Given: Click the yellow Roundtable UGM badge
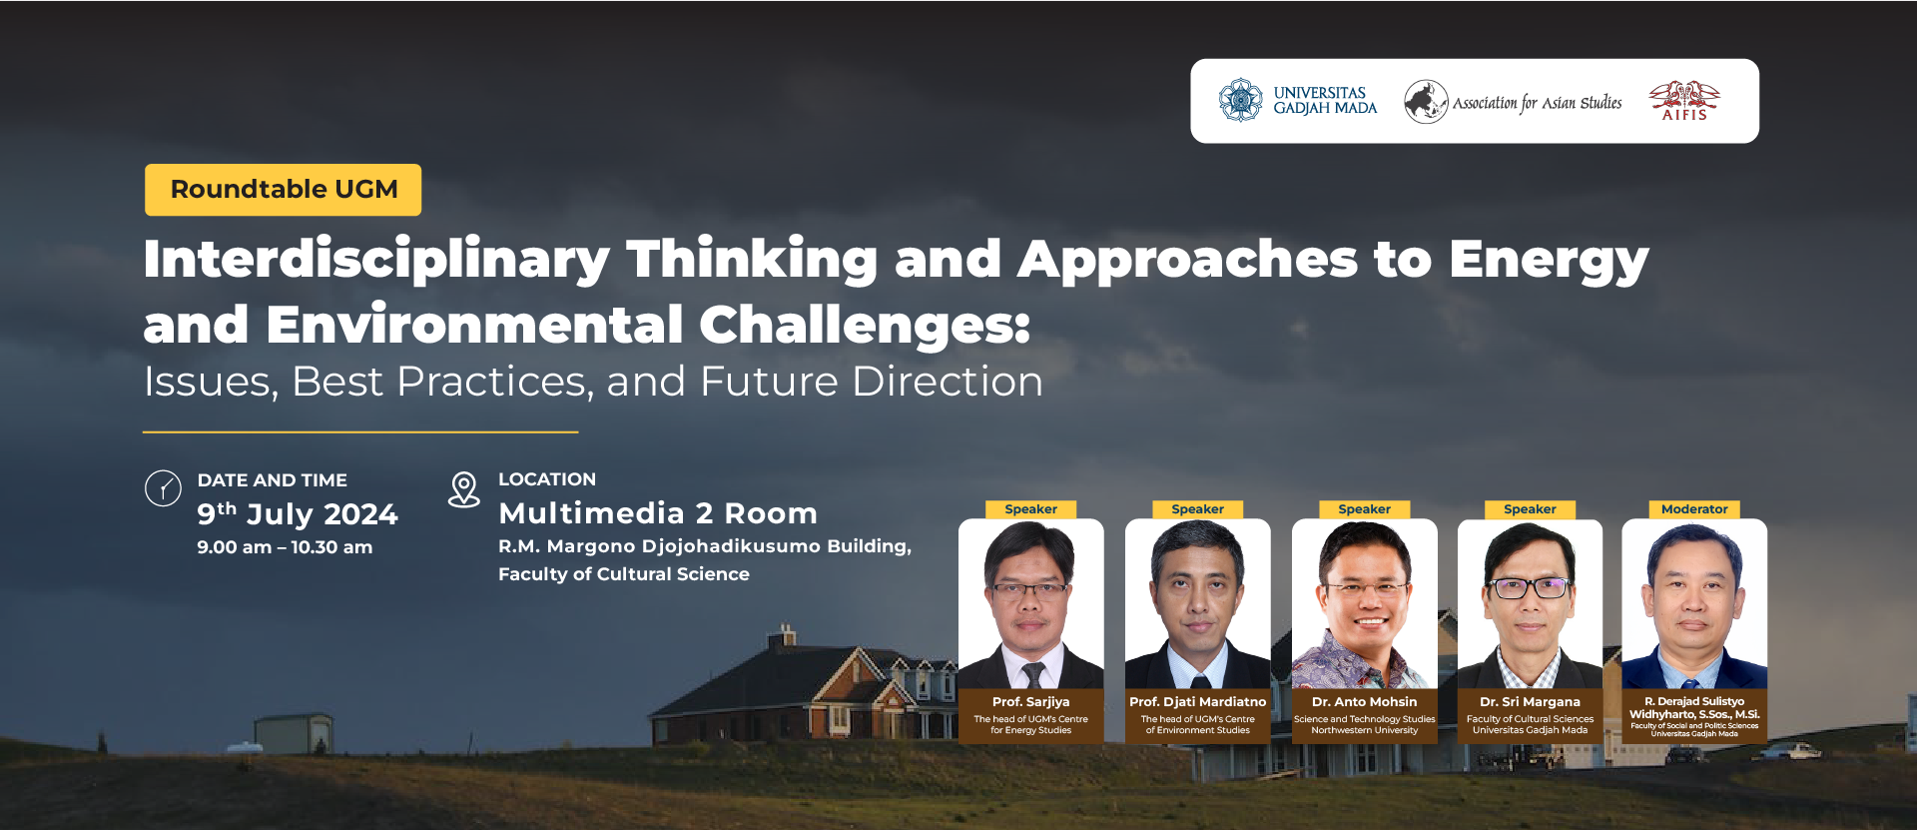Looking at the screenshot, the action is click(283, 190).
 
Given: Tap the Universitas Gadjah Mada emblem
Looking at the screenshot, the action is click(1240, 101).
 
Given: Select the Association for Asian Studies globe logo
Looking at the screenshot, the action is click(1426, 102).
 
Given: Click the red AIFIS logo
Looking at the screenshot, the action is click(1684, 101).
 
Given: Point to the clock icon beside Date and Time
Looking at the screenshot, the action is click(163, 488).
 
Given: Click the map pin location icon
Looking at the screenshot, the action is click(463, 489).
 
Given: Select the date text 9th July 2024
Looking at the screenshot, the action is click(297, 513).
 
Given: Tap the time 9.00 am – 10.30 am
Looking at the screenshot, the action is click(285, 547).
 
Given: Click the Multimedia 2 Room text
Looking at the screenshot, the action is click(658, 513).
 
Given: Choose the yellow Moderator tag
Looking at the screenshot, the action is click(1694, 509).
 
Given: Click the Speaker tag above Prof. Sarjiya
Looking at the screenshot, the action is click(1030, 509).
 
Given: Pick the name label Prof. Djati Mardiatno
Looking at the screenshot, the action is click(1197, 702).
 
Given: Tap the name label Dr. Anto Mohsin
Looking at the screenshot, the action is click(1364, 702).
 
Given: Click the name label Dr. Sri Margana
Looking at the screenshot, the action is click(1530, 702).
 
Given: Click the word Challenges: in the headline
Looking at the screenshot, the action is click(865, 326).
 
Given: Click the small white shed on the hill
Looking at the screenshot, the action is click(293, 733).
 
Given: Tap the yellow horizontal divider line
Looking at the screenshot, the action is click(360, 432).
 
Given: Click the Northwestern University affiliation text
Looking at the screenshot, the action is click(1364, 730).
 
